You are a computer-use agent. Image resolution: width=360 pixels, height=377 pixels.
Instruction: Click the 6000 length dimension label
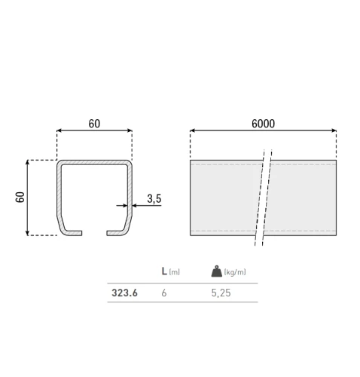tap(263, 123)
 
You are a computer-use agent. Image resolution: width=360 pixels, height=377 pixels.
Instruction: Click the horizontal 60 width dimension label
tap(94, 123)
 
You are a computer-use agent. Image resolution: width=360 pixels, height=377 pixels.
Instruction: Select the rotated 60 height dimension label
tap(20, 198)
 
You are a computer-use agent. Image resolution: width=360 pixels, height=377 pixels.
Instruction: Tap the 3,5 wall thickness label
tap(154, 198)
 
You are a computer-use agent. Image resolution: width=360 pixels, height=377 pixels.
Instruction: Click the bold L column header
tap(164, 271)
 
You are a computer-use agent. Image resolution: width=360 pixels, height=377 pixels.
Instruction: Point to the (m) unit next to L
tap(174, 272)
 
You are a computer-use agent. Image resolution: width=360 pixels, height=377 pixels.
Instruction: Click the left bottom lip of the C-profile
tap(73, 231)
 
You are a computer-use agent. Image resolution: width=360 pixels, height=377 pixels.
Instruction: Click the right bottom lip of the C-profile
tap(117, 231)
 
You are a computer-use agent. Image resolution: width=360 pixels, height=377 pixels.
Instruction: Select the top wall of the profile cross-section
tap(95, 161)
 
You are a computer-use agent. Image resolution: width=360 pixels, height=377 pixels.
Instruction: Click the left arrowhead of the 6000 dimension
tap(193, 131)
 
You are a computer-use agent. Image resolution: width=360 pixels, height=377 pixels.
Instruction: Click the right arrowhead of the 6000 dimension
tap(334, 131)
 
